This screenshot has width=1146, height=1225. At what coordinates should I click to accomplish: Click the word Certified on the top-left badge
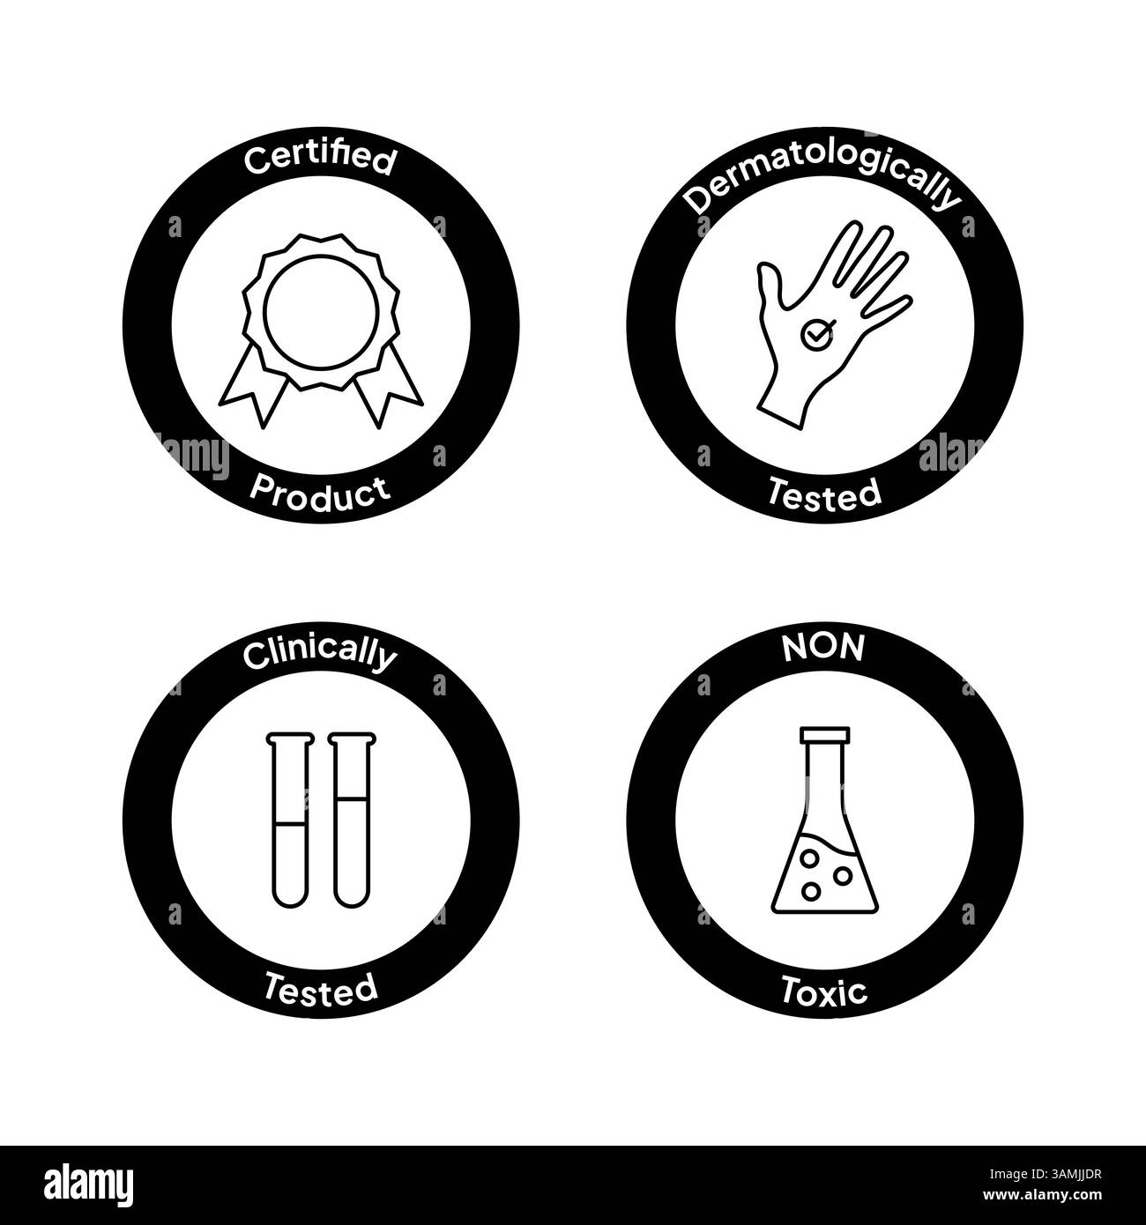320,159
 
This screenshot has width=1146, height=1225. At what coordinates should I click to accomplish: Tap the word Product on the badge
320,494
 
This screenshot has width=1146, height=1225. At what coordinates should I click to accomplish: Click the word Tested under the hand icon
824,494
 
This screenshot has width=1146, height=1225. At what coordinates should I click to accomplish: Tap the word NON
823,649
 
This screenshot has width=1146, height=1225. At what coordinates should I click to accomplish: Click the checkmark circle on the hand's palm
815,335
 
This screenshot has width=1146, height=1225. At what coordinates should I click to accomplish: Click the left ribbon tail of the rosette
253,385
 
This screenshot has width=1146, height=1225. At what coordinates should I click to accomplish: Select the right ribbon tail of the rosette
389,385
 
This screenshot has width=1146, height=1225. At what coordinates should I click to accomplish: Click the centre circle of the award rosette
321,312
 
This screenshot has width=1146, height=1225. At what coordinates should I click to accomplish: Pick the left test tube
290,820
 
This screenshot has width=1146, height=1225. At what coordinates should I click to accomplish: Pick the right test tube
352,820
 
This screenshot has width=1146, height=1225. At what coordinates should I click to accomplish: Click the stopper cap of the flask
824,735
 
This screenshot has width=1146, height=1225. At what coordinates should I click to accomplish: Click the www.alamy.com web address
1042,1195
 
